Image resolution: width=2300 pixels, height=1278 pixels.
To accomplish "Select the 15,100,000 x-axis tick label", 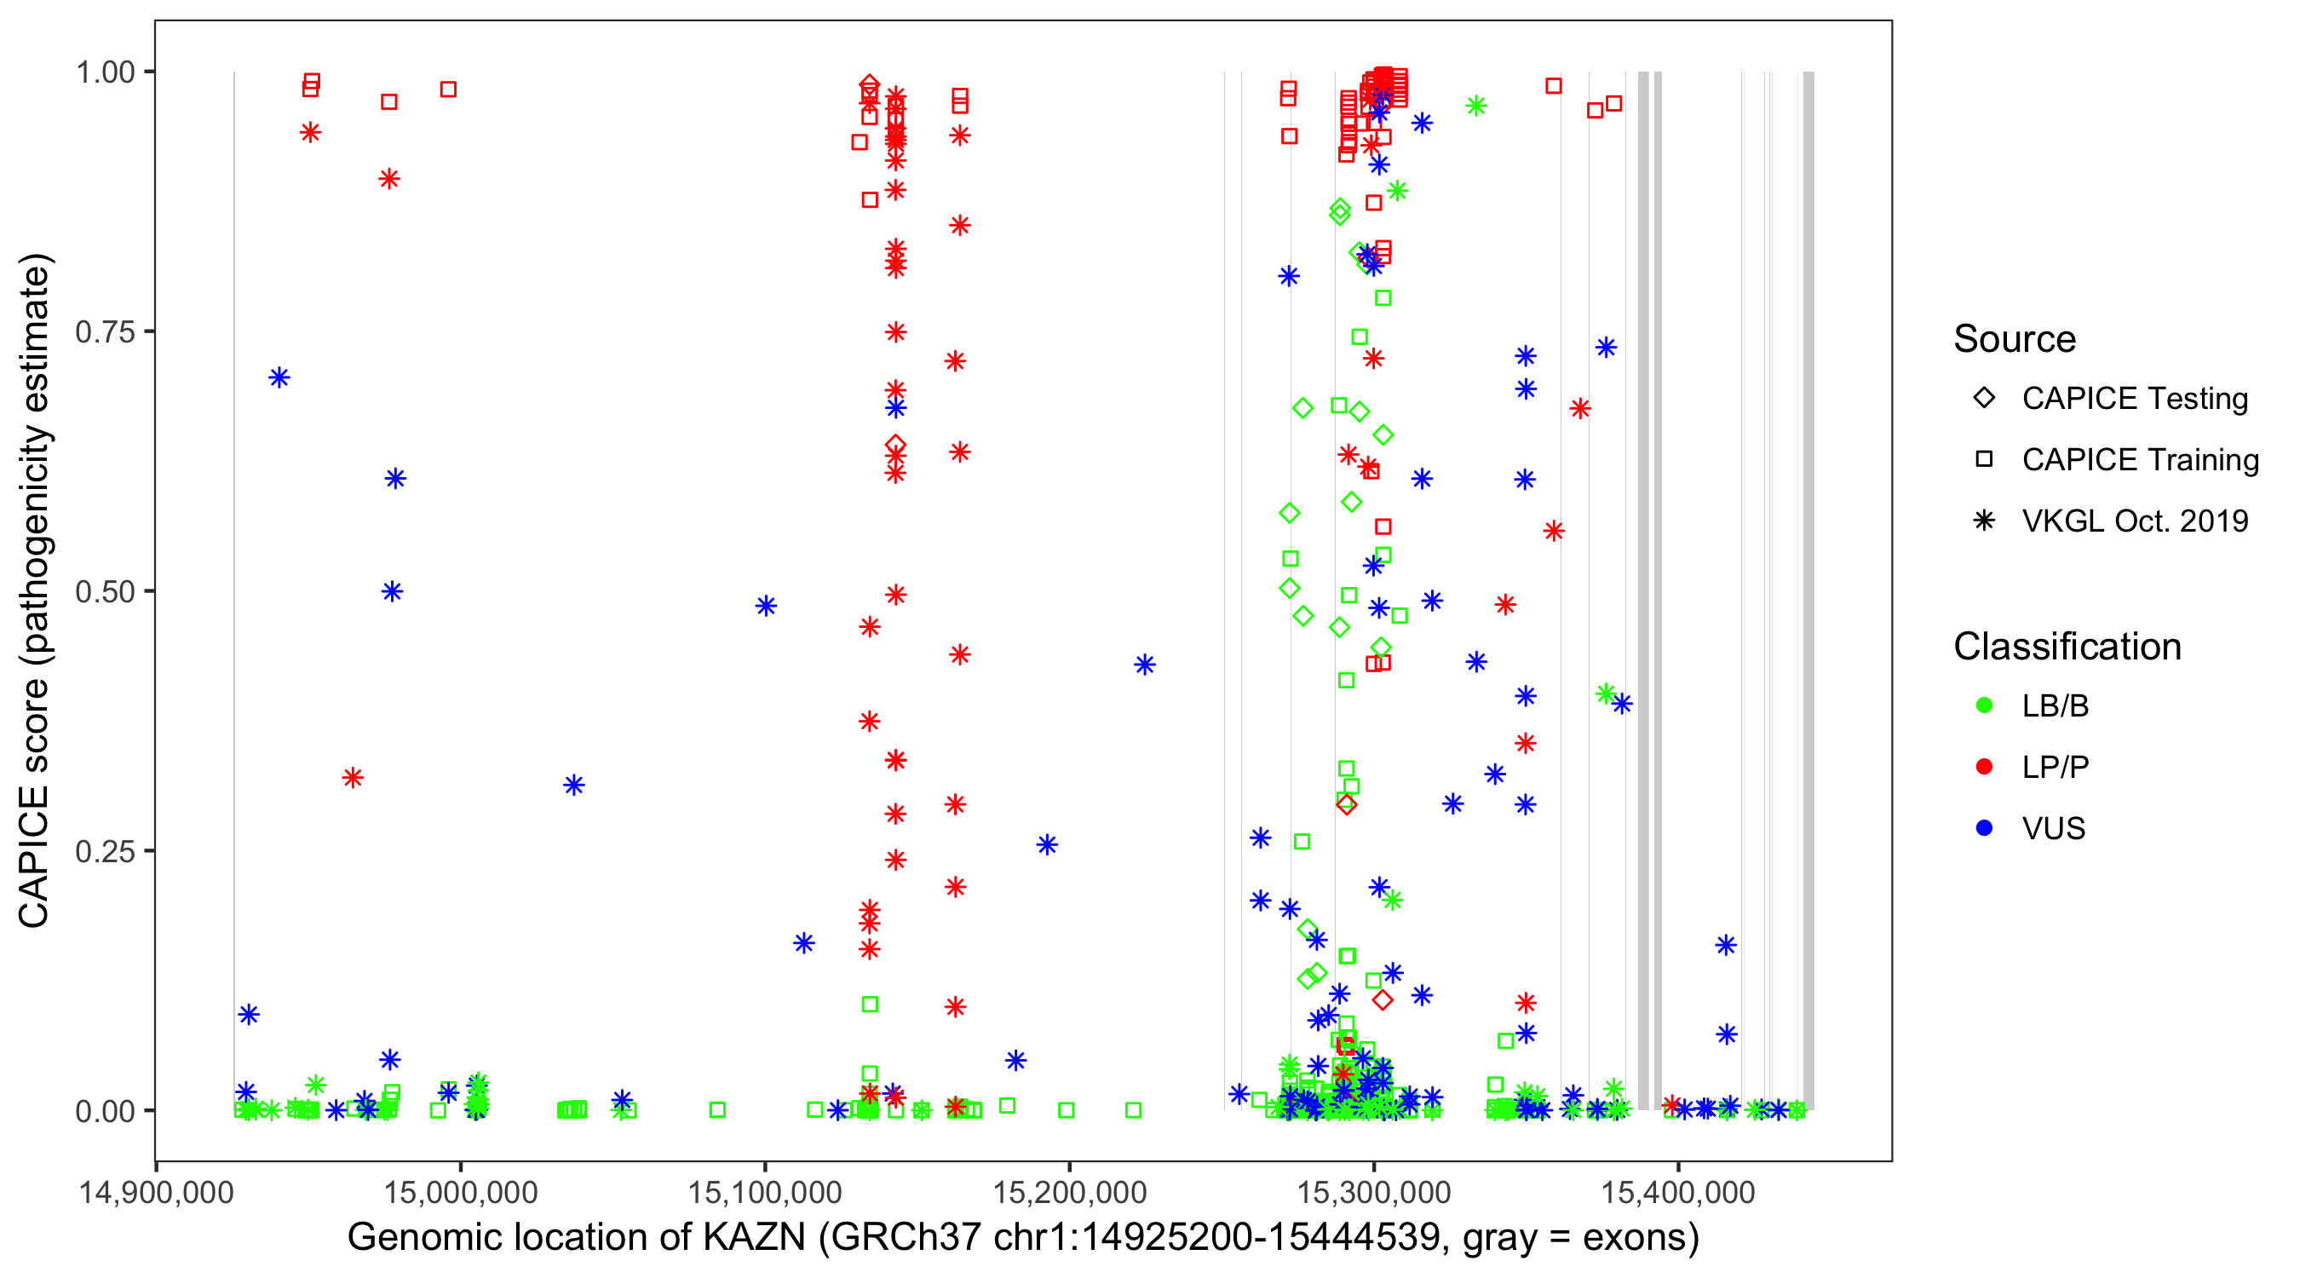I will (764, 1192).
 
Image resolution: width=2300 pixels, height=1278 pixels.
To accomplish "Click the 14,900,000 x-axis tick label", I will (156, 1192).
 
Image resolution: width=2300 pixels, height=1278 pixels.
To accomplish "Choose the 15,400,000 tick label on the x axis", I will (1677, 1192).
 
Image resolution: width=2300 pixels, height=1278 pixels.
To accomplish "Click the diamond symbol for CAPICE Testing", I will (1984, 399).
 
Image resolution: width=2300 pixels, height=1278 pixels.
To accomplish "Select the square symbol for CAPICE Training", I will (1984, 460).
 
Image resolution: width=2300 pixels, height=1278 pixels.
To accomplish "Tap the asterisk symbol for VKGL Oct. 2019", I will (1984, 521).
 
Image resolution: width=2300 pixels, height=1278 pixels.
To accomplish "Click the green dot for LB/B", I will (1984, 705).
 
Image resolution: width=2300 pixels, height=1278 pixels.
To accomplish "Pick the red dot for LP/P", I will (1984, 767).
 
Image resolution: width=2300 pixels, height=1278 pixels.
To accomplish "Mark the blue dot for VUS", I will (1984, 828).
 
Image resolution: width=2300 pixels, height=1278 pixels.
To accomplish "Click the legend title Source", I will (2015, 339).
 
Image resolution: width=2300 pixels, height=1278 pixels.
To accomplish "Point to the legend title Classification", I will (2067, 647).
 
